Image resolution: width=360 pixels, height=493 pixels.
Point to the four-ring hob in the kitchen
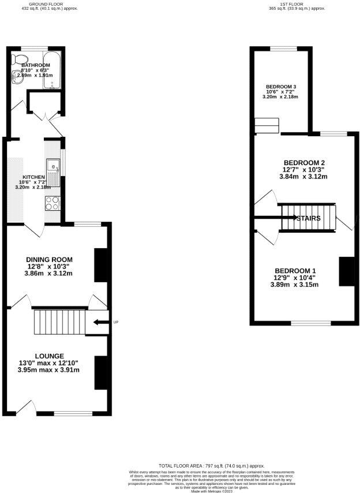tap(52, 203)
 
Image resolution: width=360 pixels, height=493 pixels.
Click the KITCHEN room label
tap(33, 177)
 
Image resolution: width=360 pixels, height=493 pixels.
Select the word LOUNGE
tap(49, 356)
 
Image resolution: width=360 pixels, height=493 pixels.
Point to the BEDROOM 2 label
tap(304, 162)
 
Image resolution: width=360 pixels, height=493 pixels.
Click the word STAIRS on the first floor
tap(305, 218)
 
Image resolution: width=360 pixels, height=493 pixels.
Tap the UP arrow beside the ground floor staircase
tap(100, 322)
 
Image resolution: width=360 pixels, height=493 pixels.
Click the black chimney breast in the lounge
tap(100, 373)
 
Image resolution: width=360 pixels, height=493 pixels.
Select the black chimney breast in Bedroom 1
tap(346, 271)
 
